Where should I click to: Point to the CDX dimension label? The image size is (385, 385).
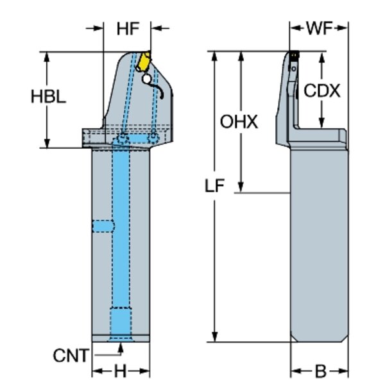[x=321, y=90]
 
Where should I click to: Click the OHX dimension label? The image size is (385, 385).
[x=239, y=121]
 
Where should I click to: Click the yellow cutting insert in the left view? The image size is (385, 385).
[x=145, y=62]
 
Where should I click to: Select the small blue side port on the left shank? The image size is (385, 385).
[x=103, y=225]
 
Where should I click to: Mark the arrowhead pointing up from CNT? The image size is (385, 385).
[x=121, y=347]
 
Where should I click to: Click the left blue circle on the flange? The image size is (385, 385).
[x=121, y=139]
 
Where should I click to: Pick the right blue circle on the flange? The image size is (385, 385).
[x=153, y=137]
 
